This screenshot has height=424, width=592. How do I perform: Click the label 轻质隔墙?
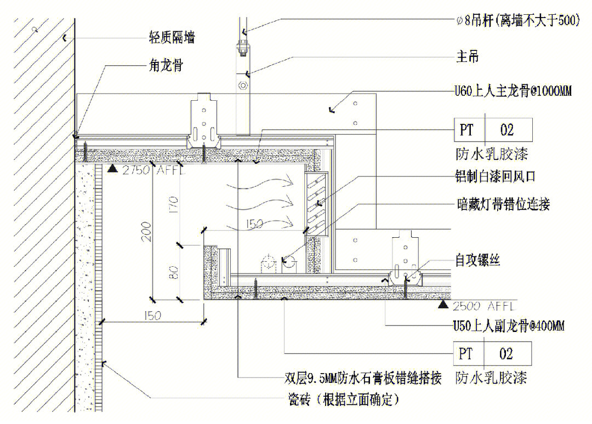tap(172, 37)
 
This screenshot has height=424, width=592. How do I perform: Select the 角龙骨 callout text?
tap(165, 66)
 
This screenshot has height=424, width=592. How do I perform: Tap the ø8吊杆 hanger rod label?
tap(517, 21)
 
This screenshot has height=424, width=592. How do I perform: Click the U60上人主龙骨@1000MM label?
tap(513, 91)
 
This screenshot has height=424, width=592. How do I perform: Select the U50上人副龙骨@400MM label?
tap(508, 326)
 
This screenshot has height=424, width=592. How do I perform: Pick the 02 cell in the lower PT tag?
tap(506, 353)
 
